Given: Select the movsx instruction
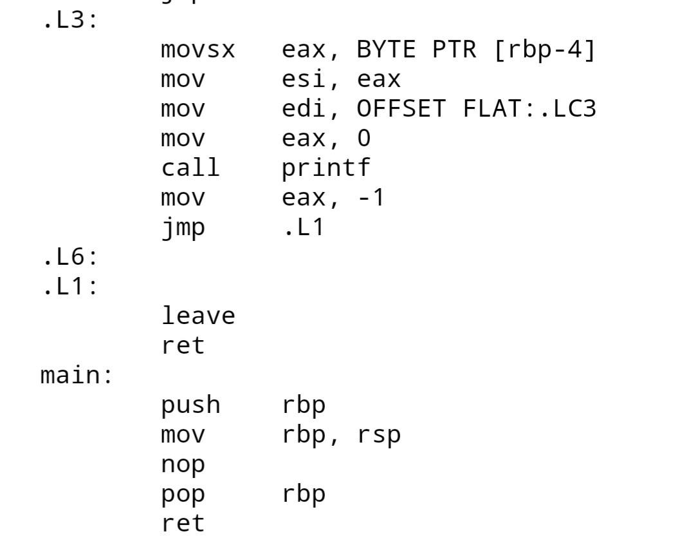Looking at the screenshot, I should tap(198, 50).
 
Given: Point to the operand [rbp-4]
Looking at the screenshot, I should tap(545, 50).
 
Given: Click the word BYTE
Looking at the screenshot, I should tap(387, 50).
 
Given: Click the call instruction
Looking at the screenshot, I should tap(190, 168).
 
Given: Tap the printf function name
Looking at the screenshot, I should tap(326, 168).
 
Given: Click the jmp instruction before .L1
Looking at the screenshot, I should tap(183, 227).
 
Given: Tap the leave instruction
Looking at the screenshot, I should tap(198, 316).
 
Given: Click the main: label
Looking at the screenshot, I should tap(77, 375).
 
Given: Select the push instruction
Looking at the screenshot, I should tap(190, 405).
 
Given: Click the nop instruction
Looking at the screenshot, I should tap(183, 464).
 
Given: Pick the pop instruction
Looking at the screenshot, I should tap(183, 494).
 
